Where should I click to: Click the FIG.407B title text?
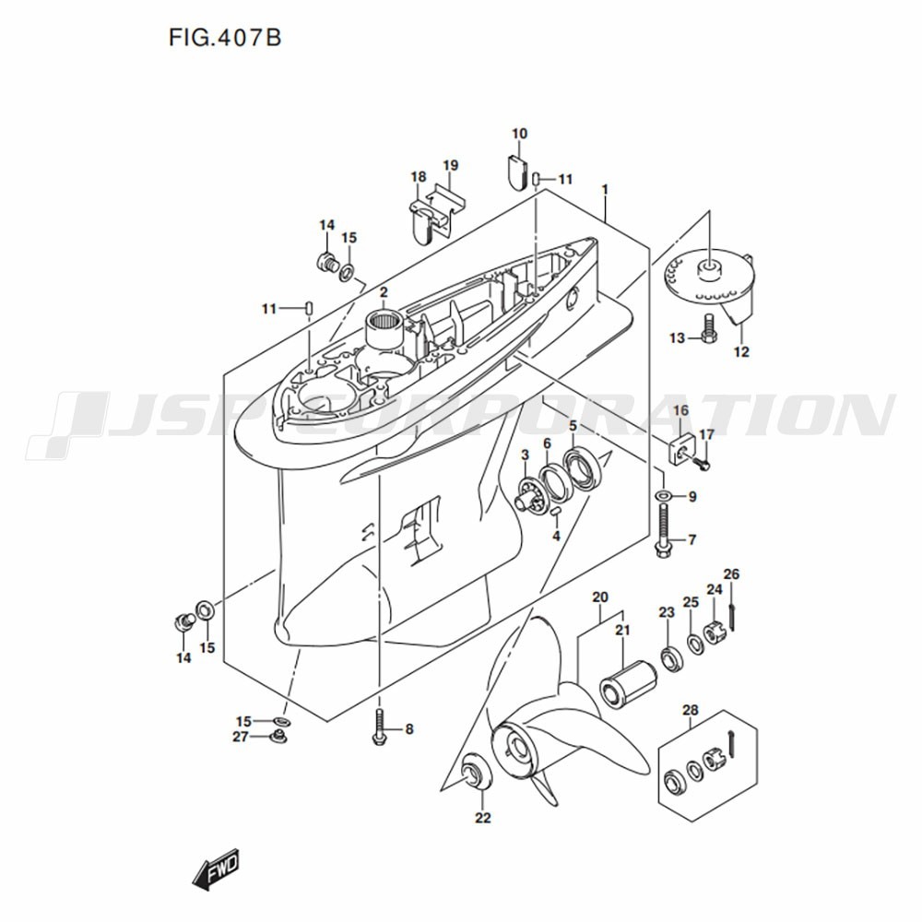click(224, 38)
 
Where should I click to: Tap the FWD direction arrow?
click(215, 868)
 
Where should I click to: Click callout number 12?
click(741, 351)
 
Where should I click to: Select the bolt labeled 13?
click(709, 328)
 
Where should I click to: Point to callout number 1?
click(605, 190)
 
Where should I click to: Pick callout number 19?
click(450, 166)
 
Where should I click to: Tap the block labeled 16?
click(680, 451)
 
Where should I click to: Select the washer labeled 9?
click(663, 497)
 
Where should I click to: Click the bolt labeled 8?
click(380, 728)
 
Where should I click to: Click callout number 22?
click(483, 817)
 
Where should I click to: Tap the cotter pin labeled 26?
click(732, 610)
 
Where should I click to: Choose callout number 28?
click(690, 710)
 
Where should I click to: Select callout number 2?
click(383, 293)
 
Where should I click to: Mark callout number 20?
click(600, 597)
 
